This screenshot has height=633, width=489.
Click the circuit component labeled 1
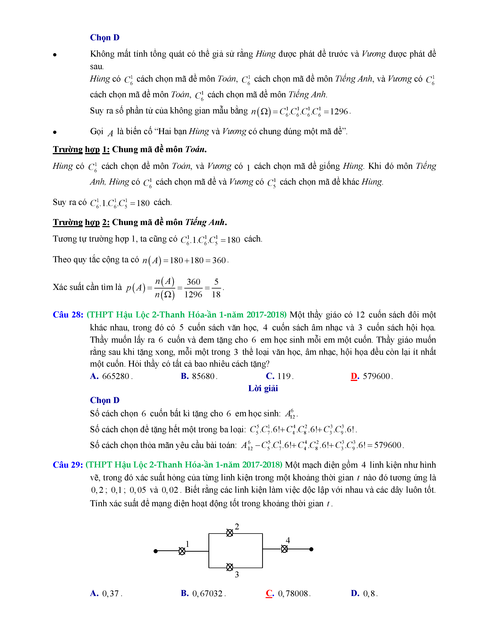tap(182, 551)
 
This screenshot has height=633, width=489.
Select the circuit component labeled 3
tap(230, 567)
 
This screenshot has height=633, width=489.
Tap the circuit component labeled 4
tap(284, 549)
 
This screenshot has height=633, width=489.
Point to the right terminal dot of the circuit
tap(311, 549)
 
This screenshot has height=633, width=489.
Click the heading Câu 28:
tap(68, 315)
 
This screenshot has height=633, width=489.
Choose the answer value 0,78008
tap(293, 594)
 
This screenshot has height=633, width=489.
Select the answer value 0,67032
tap(207, 594)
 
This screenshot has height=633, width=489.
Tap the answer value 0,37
tap(110, 594)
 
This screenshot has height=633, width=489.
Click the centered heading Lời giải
tap(263, 388)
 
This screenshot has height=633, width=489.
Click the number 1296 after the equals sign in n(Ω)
tap(339, 112)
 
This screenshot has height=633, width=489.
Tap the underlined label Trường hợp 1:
tap(81, 150)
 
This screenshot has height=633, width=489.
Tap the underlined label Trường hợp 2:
tap(81, 222)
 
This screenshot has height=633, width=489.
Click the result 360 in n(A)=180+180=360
tap(219, 260)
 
